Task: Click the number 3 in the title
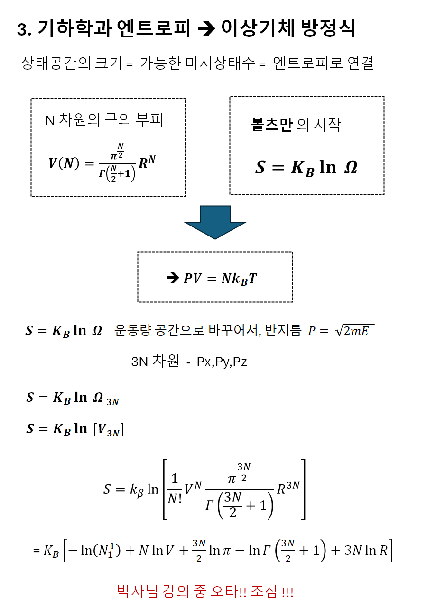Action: click(21, 30)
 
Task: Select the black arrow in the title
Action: click(206, 29)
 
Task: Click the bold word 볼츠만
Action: click(271, 125)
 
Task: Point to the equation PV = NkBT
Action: click(220, 278)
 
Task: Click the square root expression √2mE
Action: click(354, 331)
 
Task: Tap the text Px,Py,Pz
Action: click(222, 362)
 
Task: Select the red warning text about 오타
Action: click(205, 591)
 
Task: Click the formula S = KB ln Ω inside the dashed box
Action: click(306, 168)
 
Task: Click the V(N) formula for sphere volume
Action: click(102, 163)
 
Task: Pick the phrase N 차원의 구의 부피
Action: click(104, 120)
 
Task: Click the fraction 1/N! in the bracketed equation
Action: click(174, 489)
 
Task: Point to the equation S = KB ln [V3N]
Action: click(75, 429)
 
